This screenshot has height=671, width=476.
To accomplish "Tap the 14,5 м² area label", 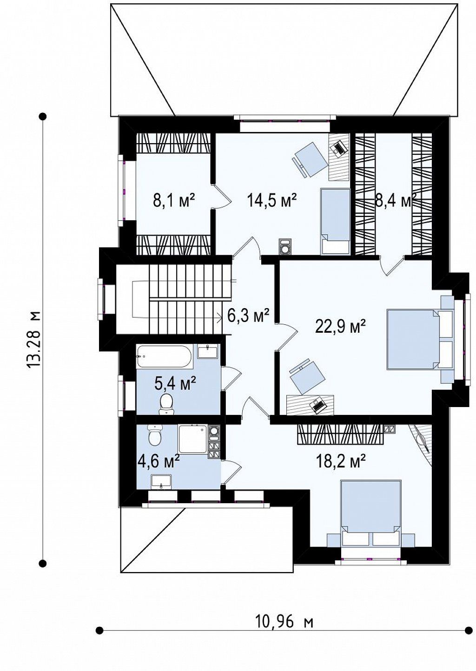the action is tap(272, 200).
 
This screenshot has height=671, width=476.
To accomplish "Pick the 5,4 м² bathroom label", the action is tap(175, 384).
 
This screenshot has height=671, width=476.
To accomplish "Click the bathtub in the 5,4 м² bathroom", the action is tap(165, 357).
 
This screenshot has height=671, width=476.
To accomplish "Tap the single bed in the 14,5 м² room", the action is tap(336, 221).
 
